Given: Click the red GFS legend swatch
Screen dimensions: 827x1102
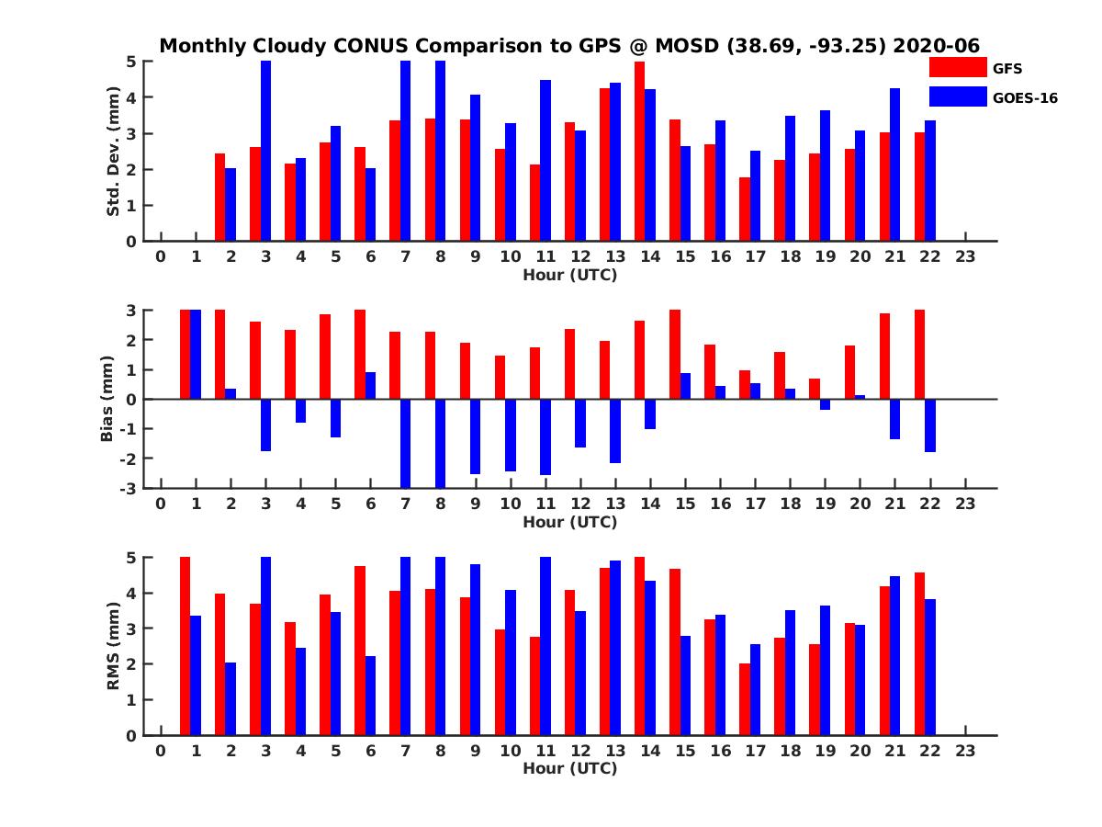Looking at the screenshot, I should point(957,67).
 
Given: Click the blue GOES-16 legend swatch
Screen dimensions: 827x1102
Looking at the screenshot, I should point(957,96).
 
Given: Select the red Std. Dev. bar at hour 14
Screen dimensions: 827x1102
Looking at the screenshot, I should point(639,152).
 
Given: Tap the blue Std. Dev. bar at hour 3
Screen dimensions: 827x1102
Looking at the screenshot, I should point(265,152).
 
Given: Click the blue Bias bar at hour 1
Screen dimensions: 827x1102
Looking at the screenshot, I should point(196,355).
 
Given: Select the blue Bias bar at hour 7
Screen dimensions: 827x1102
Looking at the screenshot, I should point(405,443).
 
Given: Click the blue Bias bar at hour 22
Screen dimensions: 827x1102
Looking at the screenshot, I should point(930,425).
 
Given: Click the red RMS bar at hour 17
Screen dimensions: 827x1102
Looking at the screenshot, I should point(744,699).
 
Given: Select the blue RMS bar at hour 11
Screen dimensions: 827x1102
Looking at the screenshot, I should point(545,646).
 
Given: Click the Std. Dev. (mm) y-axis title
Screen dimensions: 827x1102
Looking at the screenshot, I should point(114,152).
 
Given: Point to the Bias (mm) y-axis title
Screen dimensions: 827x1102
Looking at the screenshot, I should point(107,399).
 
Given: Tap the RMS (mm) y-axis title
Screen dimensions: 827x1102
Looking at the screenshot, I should point(114,646).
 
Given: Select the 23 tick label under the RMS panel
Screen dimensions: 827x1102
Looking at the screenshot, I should point(965,752).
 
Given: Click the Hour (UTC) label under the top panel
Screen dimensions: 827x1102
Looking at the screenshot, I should point(569,274).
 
